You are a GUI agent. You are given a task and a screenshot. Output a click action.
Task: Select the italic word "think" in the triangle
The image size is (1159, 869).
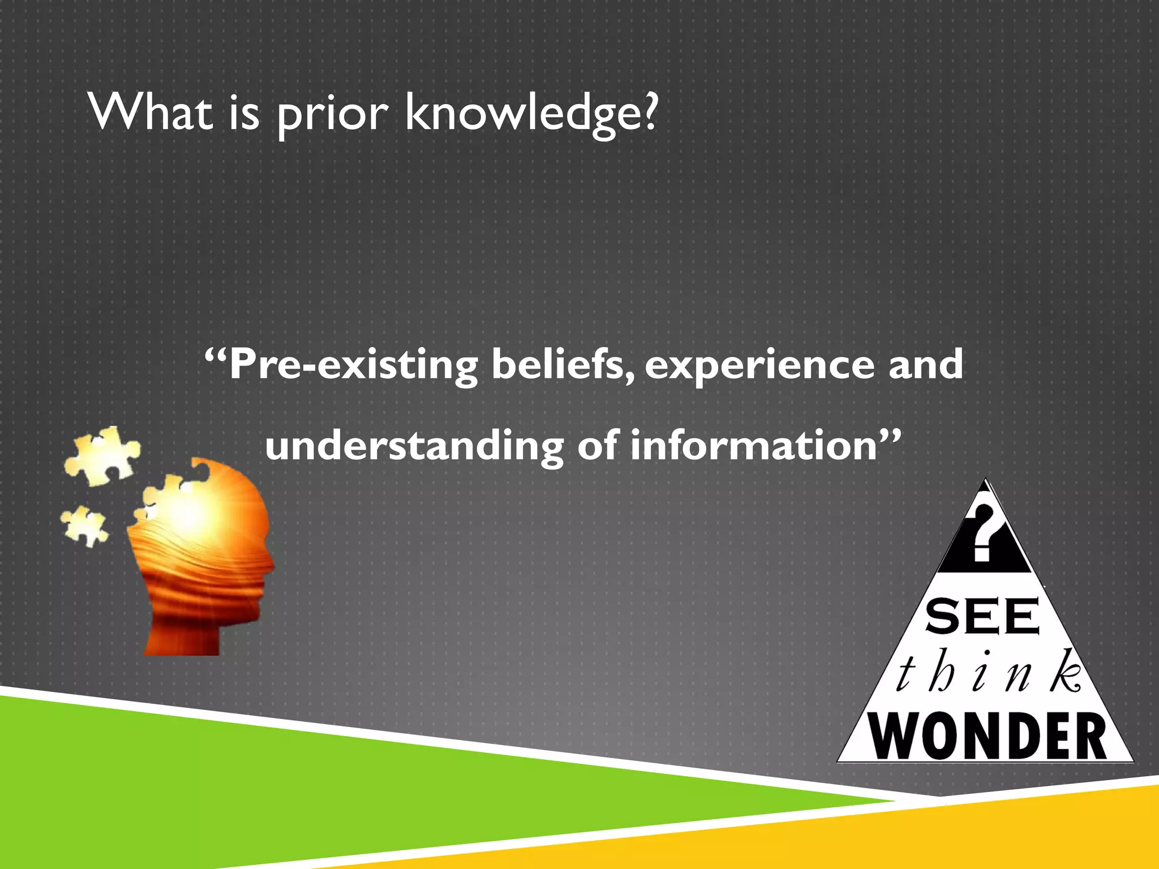988,673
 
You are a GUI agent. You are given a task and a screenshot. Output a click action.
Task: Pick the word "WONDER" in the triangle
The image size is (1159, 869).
987,736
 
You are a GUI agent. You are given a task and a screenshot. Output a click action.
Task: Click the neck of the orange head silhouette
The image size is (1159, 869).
181,634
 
